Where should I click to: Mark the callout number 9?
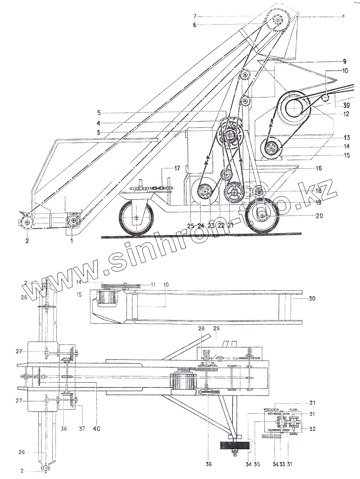pyautogui.click(x=345, y=61)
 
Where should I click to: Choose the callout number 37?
pyautogui.click(x=82, y=428)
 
